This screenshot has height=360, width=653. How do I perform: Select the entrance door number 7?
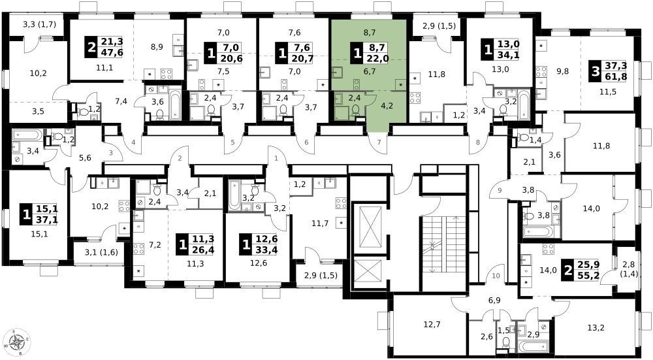tap(379, 142)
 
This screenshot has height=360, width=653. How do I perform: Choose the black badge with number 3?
tap(596, 71)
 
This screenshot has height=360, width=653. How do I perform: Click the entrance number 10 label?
tap(496, 276)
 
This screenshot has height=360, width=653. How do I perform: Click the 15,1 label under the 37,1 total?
tap(39, 234)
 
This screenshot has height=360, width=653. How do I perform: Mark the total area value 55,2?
tap(588, 274)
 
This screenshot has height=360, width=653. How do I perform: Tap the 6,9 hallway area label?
tap(494, 300)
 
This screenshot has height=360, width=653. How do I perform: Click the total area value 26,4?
tap(204, 250)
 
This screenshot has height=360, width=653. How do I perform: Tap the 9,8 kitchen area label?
tap(562, 71)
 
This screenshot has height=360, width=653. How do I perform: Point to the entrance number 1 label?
tap(276, 158)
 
